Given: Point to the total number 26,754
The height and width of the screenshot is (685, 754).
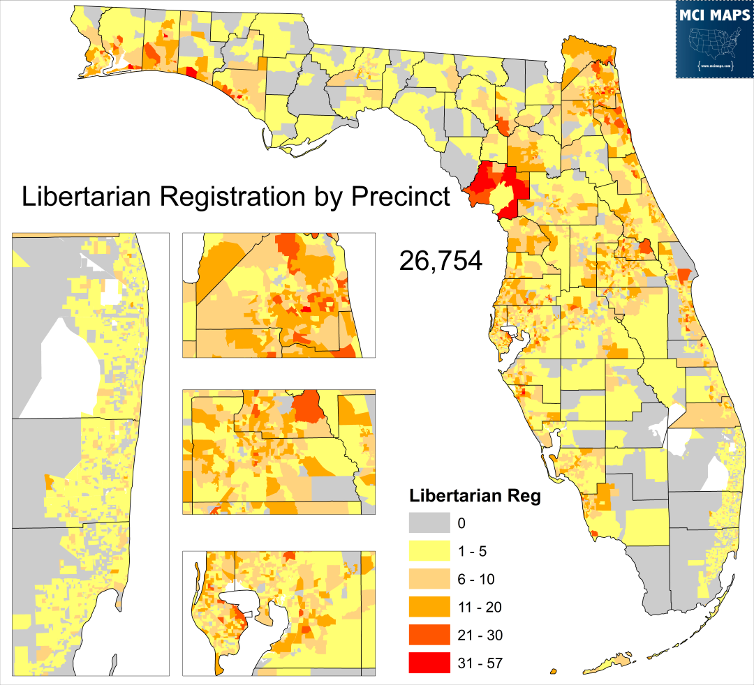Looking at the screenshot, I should tap(440, 260).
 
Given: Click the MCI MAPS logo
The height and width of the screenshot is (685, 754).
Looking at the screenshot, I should tap(714, 40).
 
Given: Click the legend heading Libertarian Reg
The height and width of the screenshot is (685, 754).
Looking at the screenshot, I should tap(475, 497).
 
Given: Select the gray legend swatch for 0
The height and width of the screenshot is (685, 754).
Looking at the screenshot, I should tap(429, 523).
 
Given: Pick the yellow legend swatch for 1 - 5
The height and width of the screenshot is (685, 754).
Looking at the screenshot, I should tap(429, 551).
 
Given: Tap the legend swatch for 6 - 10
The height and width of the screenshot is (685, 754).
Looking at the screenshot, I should tap(429, 579).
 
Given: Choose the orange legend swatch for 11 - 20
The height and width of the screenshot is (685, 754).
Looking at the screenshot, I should tap(429, 607).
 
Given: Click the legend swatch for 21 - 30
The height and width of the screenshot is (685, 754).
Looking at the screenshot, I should tap(429, 635).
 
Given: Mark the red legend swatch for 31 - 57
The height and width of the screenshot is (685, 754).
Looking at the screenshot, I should tap(429, 663).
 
